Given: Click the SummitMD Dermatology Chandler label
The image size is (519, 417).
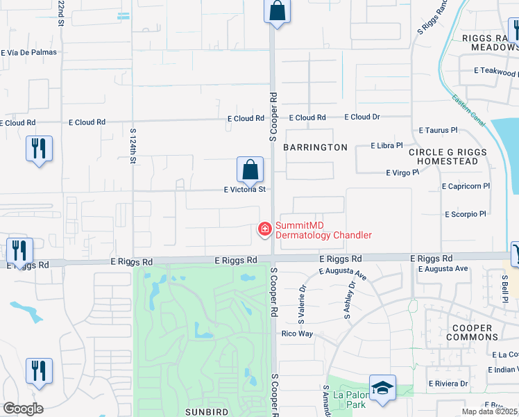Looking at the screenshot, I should pyautogui.click(x=323, y=230).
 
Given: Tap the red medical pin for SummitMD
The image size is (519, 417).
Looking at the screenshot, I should pyautogui.click(x=264, y=228).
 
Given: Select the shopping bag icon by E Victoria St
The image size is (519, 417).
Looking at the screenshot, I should pyautogui.click(x=250, y=170).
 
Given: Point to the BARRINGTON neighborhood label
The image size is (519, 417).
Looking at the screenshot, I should pyautogui.click(x=315, y=147).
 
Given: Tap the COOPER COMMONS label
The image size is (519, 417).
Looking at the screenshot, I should pyautogui.click(x=472, y=332).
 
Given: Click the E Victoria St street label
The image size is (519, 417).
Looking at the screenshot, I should pyautogui.click(x=244, y=189).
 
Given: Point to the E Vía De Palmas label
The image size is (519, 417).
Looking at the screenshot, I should pyautogui.click(x=28, y=52).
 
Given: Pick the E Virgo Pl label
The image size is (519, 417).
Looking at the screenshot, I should pyautogui.click(x=402, y=172).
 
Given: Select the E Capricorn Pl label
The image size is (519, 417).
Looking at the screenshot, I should pyautogui.click(x=466, y=186).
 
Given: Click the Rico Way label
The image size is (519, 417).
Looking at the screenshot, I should pyautogui.click(x=297, y=334).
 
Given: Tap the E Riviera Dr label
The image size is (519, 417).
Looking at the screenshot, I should pyautogui.click(x=448, y=383).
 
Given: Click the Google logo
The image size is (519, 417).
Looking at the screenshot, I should pyautogui.click(x=23, y=409).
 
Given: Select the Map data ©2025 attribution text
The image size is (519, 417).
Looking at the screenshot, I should pyautogui.click(x=488, y=411).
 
